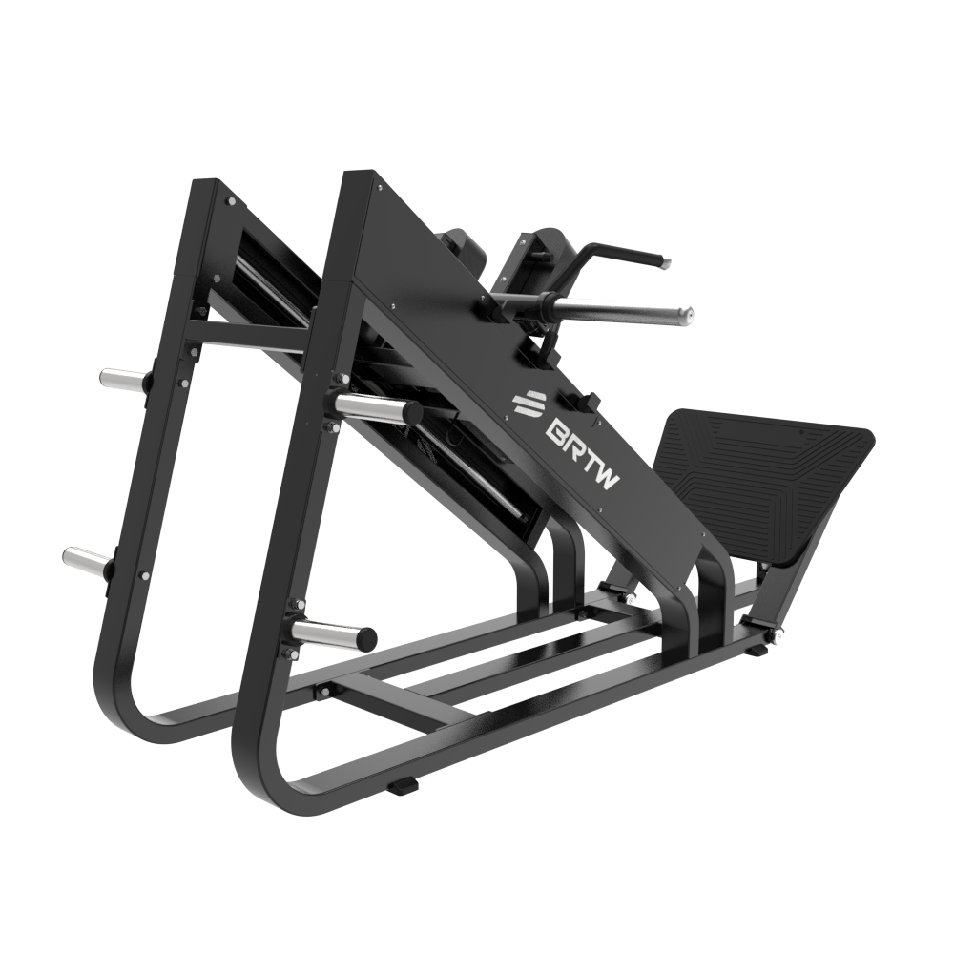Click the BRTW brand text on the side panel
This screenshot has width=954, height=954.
582,451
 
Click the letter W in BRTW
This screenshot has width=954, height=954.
610,478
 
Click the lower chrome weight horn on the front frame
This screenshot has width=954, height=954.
335,633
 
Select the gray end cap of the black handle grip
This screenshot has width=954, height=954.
666,263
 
